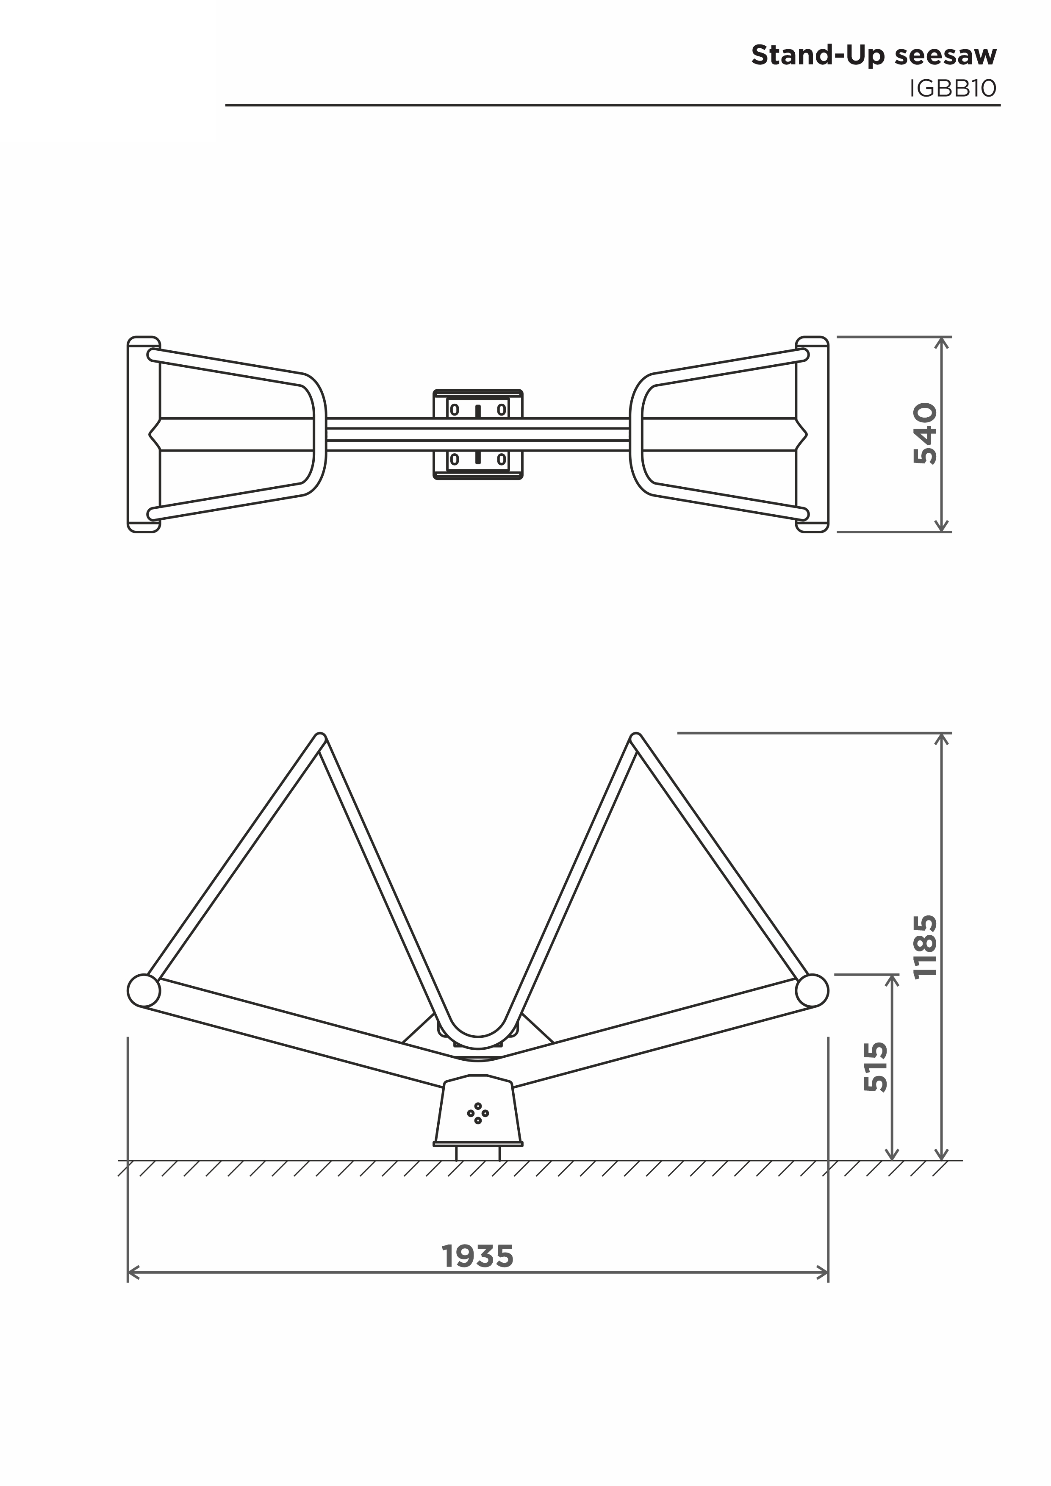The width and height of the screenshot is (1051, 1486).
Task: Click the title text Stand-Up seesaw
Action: click(874, 55)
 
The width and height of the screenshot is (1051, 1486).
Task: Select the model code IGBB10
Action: click(953, 89)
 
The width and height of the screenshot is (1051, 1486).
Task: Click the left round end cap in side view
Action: click(144, 990)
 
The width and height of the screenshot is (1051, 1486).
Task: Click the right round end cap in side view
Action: click(812, 990)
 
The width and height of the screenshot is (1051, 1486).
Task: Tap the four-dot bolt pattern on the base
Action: click(477, 1113)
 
